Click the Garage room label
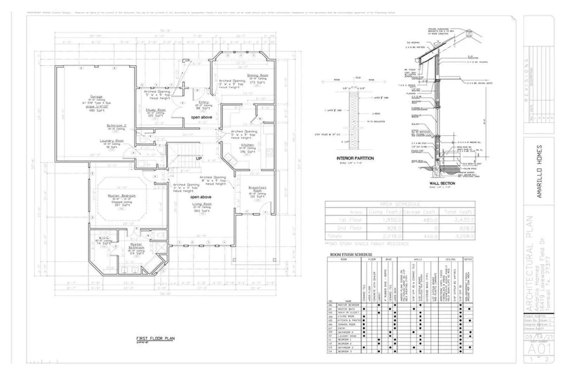pos(96,97)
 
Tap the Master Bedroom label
pos(122,196)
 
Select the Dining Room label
pos(257,76)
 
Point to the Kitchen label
pos(247,145)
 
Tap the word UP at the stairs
pos(199,159)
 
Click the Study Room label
pos(156,110)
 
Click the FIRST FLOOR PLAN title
pos(155,339)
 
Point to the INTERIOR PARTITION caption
pos(355,158)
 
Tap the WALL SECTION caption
pos(442,183)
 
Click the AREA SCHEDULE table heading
pos(400,204)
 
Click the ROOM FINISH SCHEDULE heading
pos(351,255)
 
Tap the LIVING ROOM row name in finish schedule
pos(347,316)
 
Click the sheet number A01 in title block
pos(539,349)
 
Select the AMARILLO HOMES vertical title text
pos(540,171)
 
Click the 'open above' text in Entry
pos(201,117)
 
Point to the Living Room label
pos(202,204)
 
